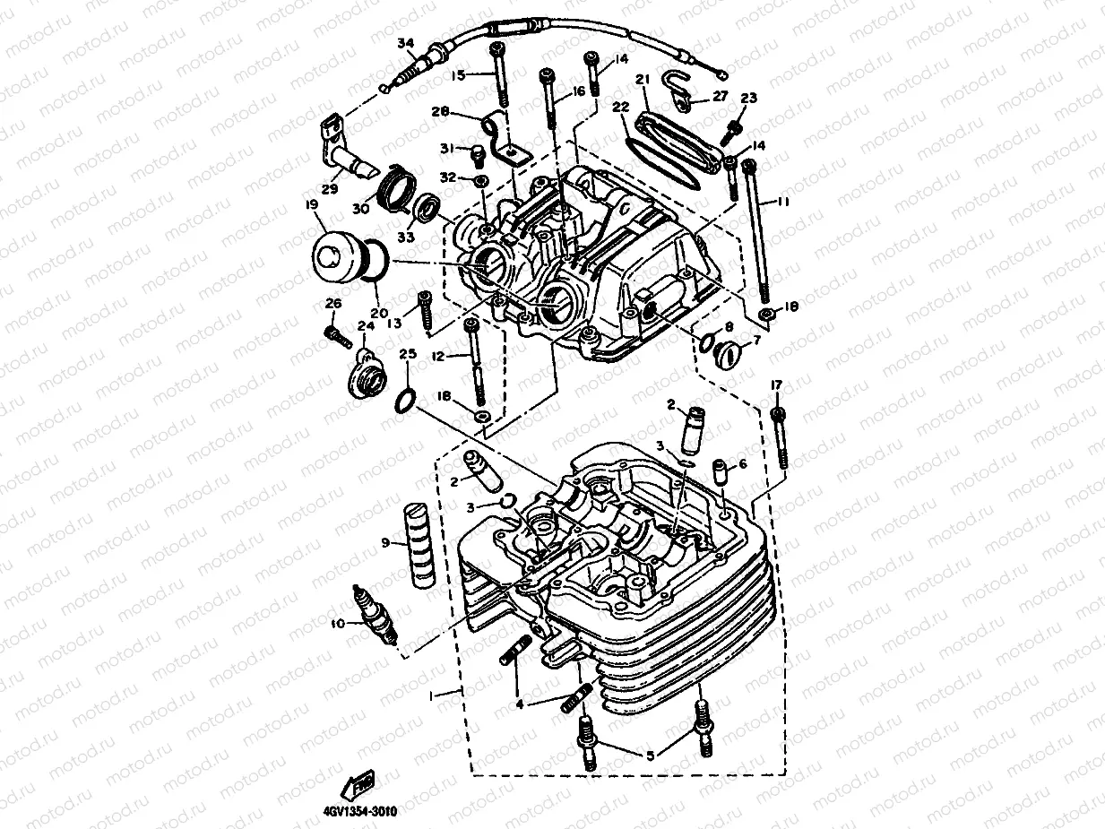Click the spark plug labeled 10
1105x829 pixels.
376,615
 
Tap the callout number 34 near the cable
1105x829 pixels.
406,43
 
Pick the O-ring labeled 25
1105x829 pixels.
405,399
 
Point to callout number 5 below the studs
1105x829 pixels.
650,756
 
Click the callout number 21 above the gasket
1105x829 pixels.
642,80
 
